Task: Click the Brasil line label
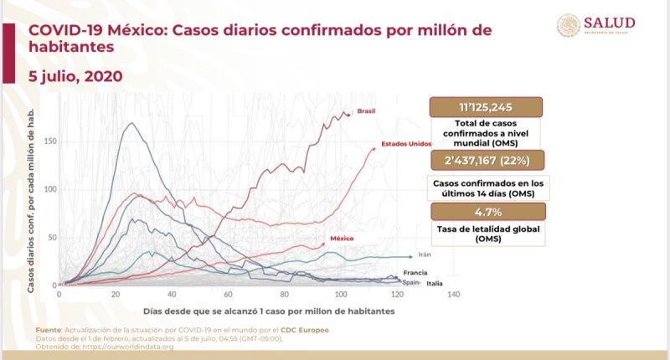click(x=365, y=111)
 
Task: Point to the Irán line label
click(x=425, y=255)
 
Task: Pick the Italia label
click(x=435, y=284)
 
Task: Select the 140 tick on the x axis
click(x=453, y=295)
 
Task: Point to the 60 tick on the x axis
click(x=228, y=295)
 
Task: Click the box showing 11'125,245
click(x=485, y=107)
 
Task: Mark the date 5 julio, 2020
click(x=75, y=76)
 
